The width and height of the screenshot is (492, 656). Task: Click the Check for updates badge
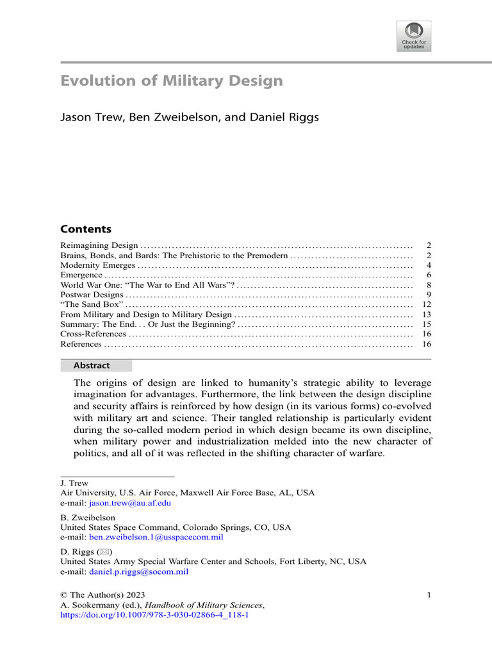[413, 36]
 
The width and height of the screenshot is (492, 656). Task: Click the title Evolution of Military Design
[171, 81]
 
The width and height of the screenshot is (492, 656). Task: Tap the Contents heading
[86, 229]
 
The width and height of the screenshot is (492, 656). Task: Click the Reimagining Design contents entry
[99, 245]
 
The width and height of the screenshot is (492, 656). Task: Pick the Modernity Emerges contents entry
[97, 265]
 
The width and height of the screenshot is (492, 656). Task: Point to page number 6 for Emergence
[429, 275]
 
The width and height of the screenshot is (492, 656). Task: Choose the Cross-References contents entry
[94, 334]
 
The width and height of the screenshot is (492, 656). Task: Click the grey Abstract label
[96, 366]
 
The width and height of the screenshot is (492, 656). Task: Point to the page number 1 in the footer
[429, 595]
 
